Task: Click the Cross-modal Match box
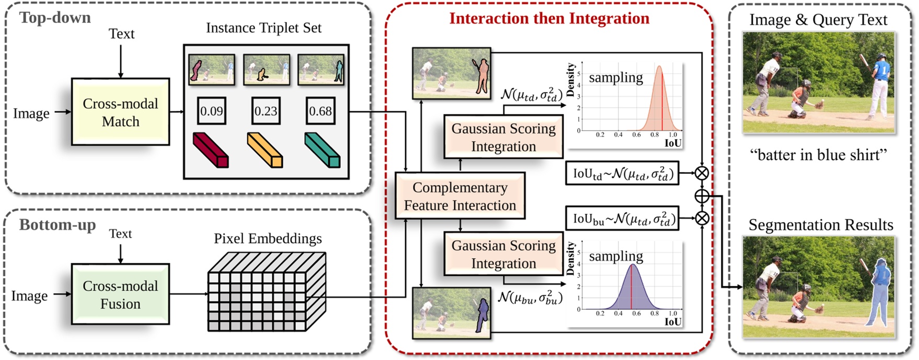tap(120, 112)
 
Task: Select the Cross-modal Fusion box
tap(120, 294)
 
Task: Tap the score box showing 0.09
tap(211, 111)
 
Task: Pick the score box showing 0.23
tap(266, 111)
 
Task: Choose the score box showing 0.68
tap(320, 111)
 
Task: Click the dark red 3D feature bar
tap(211, 150)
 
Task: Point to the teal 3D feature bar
tap(322, 150)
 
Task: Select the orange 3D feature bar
tap(265, 150)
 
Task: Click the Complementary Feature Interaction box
tap(459, 196)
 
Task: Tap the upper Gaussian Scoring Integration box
tap(503, 137)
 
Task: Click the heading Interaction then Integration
tap(549, 18)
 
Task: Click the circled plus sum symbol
tap(702, 196)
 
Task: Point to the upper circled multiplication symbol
tap(702, 173)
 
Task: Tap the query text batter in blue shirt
tap(818, 155)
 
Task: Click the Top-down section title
tap(55, 18)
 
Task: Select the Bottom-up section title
tap(58, 225)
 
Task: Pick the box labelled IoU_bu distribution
tap(622, 218)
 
